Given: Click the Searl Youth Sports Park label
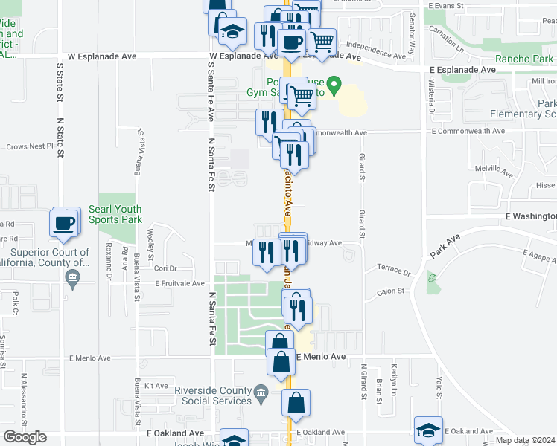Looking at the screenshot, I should (x=115, y=215).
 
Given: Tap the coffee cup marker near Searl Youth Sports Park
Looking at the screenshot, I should (x=64, y=222).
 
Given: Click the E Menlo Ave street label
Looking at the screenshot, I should (x=322, y=357).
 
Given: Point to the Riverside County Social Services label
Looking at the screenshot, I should (x=213, y=395).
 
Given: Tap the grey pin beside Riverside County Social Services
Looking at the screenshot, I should (x=261, y=392).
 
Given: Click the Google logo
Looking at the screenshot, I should (x=25, y=437).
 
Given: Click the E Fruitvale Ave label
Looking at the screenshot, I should (x=179, y=283).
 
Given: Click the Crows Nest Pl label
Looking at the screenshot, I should (x=31, y=146).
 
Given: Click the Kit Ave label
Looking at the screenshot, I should (x=157, y=386).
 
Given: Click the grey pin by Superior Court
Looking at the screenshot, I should (x=72, y=280).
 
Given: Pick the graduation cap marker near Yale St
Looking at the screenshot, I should (x=429, y=430).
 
